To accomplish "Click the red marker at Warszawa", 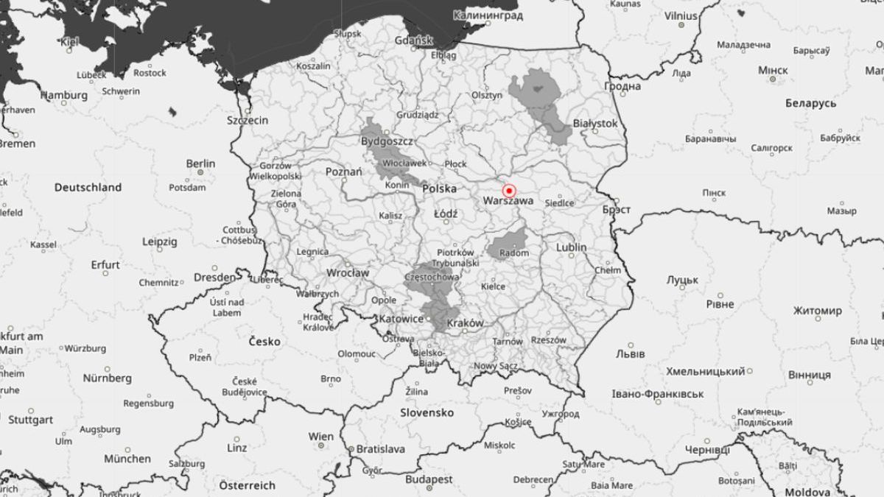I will [508, 191].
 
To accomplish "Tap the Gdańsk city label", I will [413, 40].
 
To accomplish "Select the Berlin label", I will [200, 163].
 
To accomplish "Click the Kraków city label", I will [465, 322].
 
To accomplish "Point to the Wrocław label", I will [347, 272].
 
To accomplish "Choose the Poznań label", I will [343, 172].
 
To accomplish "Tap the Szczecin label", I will [248, 120].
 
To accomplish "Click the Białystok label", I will [594, 124].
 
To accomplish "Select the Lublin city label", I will [572, 247].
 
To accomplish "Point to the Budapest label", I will [429, 479].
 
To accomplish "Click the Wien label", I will [320, 437].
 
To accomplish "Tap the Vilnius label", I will [681, 15].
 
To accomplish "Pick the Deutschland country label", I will [88, 188].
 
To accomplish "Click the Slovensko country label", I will [427, 413].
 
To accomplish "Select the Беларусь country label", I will [810, 103].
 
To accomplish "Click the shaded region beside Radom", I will [508, 243].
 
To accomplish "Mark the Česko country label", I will [264, 342].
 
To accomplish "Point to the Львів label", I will [630, 354].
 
